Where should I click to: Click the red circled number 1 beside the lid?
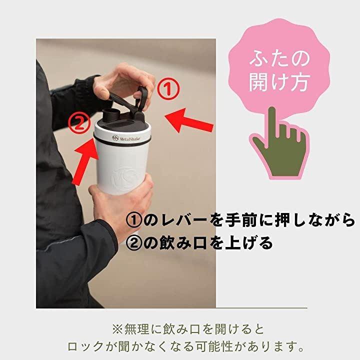coord(168,89)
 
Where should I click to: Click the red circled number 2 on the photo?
coord(79,123)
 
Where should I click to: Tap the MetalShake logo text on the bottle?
coord(126,138)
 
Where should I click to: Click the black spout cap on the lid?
coord(109,115)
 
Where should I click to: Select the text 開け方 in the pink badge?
coord(279,82)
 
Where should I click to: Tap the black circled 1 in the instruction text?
coord(134,220)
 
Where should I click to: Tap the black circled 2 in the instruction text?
coord(134,243)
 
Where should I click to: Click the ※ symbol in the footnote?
coord(118,329)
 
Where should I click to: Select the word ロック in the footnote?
coord(85,346)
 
